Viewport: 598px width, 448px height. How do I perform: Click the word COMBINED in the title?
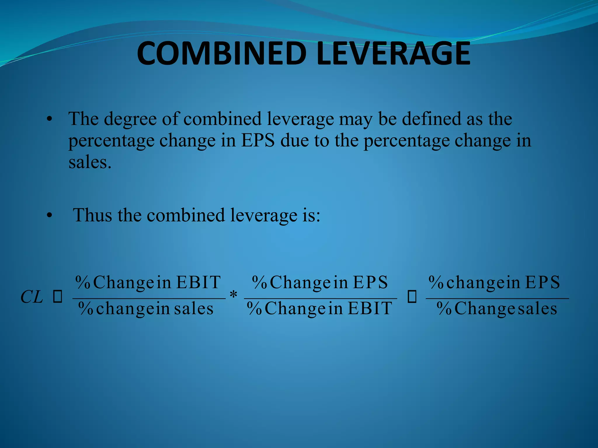tap(222, 54)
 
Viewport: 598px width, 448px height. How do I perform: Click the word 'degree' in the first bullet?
tap(130, 119)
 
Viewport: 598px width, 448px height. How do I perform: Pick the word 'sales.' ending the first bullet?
tap(90, 162)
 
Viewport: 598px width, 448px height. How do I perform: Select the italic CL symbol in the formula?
tap(32, 297)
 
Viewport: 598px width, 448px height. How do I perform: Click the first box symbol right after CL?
tap(58, 297)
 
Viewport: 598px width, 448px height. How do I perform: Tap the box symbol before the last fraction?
tap(412, 297)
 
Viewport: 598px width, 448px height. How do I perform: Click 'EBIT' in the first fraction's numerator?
tap(198, 282)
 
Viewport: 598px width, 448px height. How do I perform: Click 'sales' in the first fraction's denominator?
tap(194, 309)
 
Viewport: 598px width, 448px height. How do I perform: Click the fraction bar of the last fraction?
tap(497, 298)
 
